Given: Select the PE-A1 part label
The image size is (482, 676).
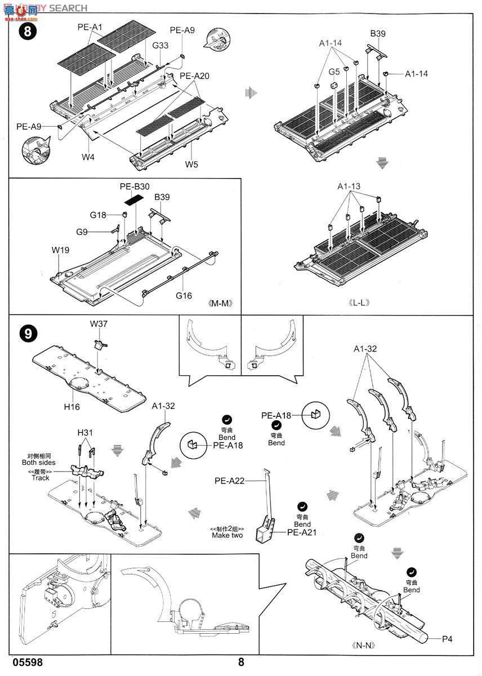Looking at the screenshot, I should (90, 27).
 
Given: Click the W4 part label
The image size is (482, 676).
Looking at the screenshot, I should (87, 157).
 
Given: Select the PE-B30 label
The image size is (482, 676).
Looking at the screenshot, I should (135, 186).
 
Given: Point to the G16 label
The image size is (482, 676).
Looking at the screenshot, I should (184, 295).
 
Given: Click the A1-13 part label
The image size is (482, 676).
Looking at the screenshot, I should (349, 186).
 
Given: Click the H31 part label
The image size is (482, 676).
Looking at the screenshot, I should (86, 432).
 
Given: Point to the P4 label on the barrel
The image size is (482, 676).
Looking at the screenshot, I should (447, 638).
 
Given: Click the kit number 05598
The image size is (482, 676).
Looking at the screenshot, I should (25, 662).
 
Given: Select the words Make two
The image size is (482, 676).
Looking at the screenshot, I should (227, 535).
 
